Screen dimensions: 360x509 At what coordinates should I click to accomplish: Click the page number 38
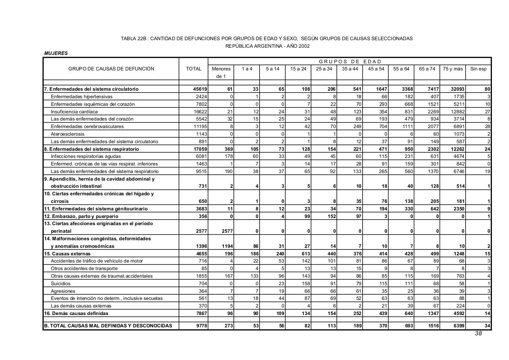coord(478,334)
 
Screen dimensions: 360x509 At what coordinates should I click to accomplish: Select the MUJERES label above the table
coord(56,53)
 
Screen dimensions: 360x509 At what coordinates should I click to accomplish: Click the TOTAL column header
coord(194,69)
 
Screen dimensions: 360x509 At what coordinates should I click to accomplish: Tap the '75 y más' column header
coord(453,69)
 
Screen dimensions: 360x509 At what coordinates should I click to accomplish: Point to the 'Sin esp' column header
coord(478,69)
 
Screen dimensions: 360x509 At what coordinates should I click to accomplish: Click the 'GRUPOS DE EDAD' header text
coord(350,61)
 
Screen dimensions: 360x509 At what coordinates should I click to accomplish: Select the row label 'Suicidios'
coord(60,284)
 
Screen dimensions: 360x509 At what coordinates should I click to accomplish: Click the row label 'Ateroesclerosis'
coord(68,134)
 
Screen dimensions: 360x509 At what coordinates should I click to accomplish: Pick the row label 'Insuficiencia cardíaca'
coord(74,112)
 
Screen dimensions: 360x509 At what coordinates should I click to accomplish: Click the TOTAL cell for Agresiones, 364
coord(202,291)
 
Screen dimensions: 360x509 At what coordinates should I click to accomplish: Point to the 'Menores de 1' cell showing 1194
coord(226,246)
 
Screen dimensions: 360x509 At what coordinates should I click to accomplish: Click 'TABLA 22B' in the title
coord(134,39)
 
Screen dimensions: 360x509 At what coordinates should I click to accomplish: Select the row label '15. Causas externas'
coord(67,254)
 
